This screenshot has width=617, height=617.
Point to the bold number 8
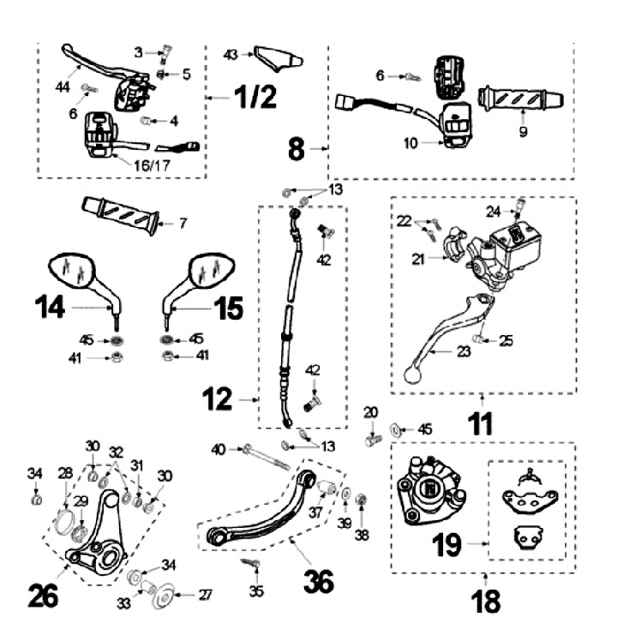[x=297, y=149]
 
